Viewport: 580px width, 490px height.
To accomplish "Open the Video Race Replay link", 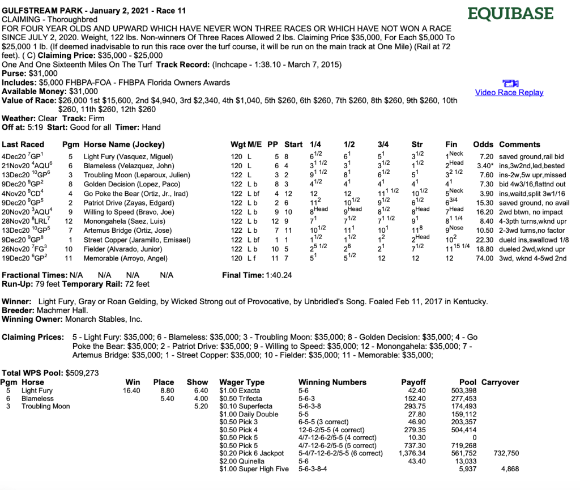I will click(x=509, y=92).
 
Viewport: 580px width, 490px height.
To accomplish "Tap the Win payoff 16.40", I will click(x=131, y=390).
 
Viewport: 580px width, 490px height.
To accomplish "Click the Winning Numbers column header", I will click(x=332, y=382).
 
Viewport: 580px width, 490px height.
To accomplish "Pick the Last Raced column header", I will click(x=22, y=144).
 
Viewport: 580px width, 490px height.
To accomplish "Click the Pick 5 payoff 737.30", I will click(x=413, y=445).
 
